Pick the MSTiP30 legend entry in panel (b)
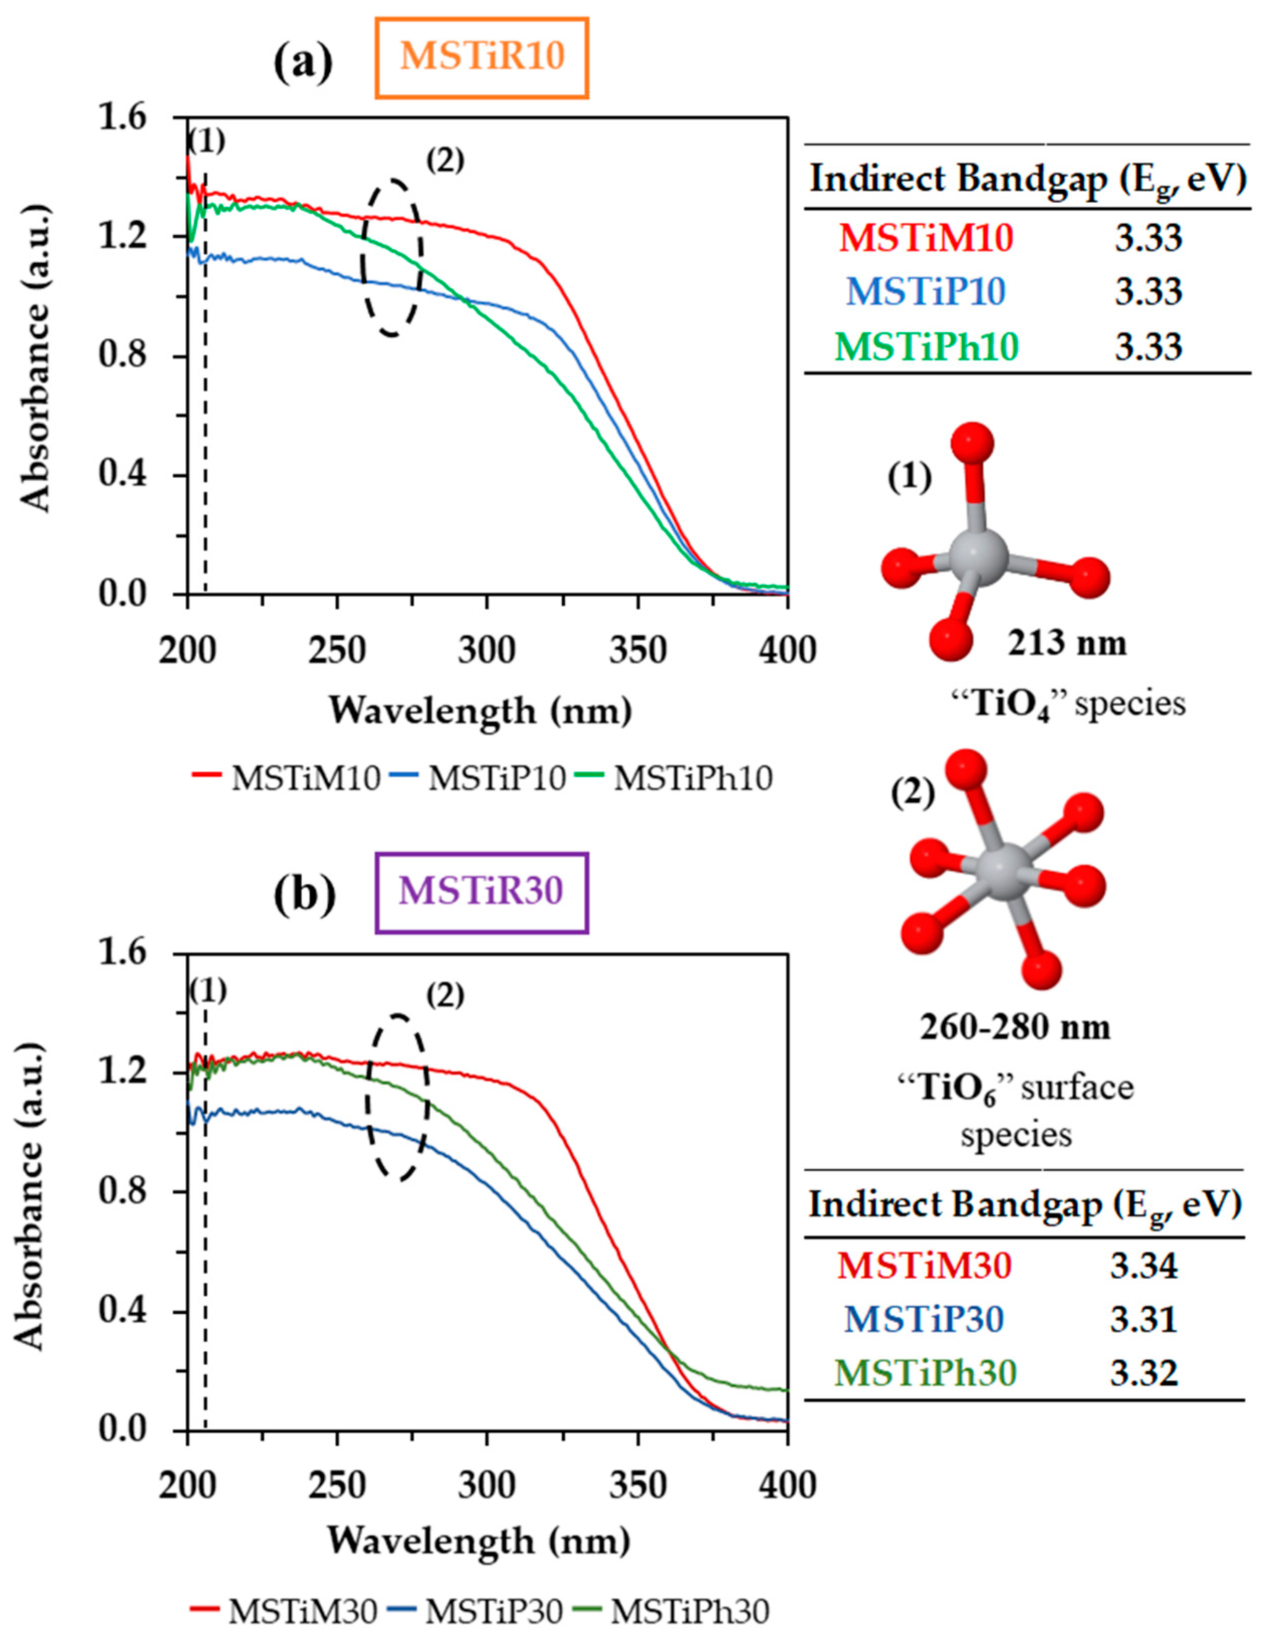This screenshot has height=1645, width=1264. point(475,1611)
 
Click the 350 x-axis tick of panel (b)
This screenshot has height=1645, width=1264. point(638,1485)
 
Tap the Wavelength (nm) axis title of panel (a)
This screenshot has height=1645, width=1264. point(480,711)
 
